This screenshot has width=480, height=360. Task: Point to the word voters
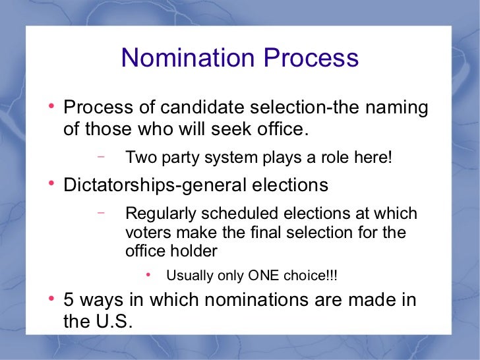click(x=144, y=233)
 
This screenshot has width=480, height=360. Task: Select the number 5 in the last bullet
click(x=69, y=300)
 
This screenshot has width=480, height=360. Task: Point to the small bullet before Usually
click(x=148, y=274)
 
